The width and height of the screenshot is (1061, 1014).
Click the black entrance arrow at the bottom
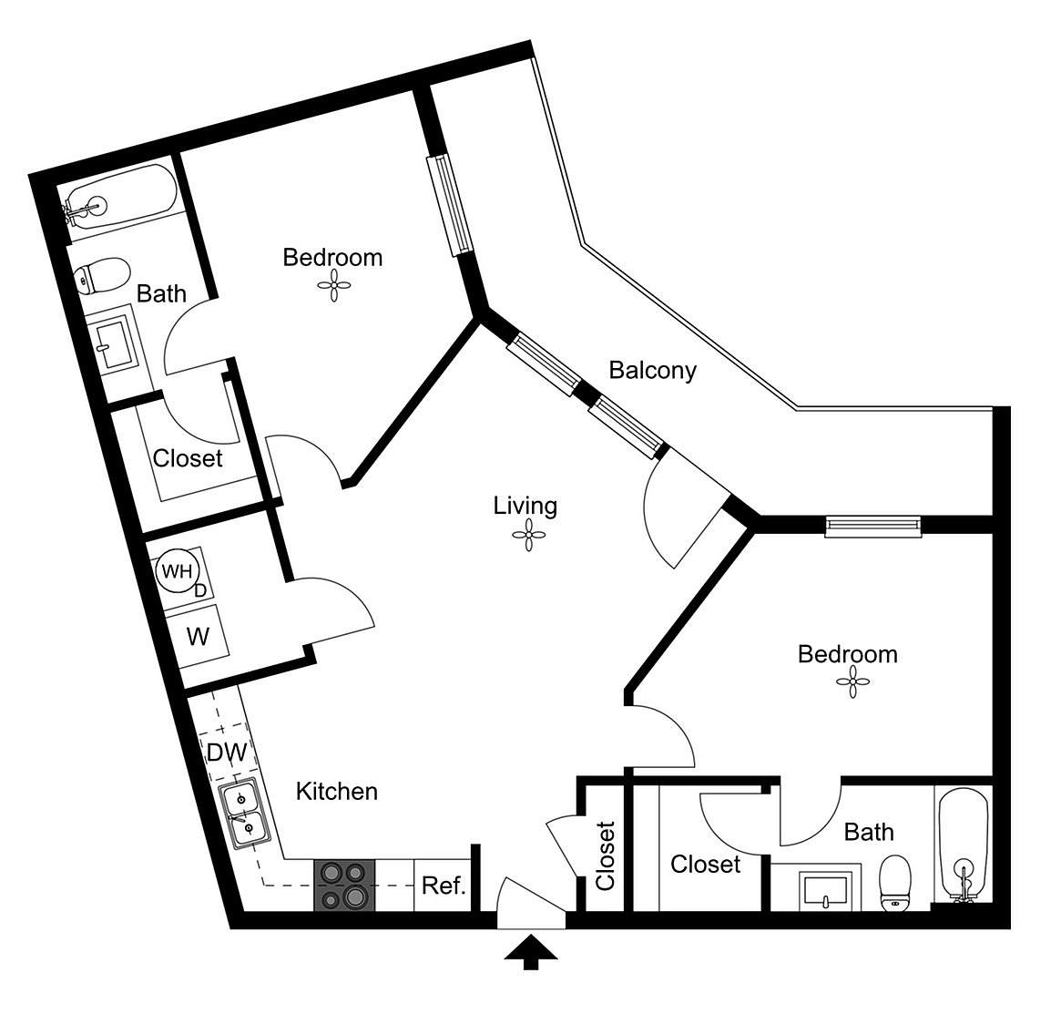pos(531,952)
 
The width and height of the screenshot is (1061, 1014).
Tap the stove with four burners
pos(343,886)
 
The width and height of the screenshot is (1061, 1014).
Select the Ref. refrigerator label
pos(444,886)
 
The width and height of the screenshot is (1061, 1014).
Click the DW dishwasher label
pos(227,752)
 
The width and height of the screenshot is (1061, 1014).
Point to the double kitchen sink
pos(243,814)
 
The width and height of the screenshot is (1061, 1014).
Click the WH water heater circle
pos(178,571)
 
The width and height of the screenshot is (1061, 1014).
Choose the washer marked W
pos(198,637)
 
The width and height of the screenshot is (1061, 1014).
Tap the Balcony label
pos(652,370)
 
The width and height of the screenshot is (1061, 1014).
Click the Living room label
pos(525,506)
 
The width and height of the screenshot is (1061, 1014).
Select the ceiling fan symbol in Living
pos(528,536)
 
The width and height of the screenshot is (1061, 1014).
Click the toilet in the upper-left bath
pos(102,276)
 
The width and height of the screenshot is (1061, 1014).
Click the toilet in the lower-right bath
pos(894,883)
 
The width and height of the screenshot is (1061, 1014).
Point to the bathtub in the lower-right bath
pos(964,845)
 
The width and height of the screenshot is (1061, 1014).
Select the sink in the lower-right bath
pos(825,891)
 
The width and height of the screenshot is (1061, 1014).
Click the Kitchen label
pos(337,792)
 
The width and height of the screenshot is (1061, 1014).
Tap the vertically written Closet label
pos(605,855)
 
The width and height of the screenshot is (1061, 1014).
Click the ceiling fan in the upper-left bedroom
pos(334,286)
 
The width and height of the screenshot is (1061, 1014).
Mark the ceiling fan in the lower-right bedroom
pos(852,682)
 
